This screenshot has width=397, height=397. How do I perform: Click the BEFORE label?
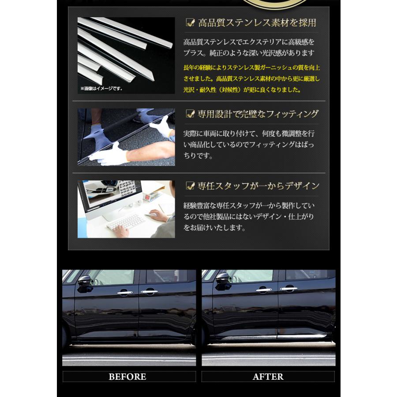[127, 377]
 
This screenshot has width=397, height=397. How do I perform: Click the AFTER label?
[268, 377]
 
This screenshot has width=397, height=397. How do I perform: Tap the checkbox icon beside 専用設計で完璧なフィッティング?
[191, 114]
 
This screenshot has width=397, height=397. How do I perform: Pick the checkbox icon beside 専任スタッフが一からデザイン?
[191, 186]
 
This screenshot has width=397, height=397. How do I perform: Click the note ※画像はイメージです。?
[101, 89]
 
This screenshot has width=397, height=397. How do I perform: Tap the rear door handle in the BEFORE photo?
[148, 291]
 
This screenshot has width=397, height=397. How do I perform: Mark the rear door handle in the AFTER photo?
[288, 289]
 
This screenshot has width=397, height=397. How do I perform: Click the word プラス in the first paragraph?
[193, 53]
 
